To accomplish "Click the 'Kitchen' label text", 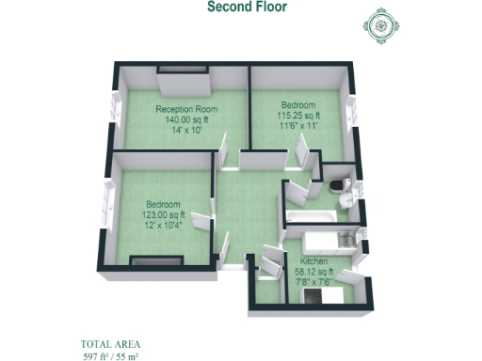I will point(314,259).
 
